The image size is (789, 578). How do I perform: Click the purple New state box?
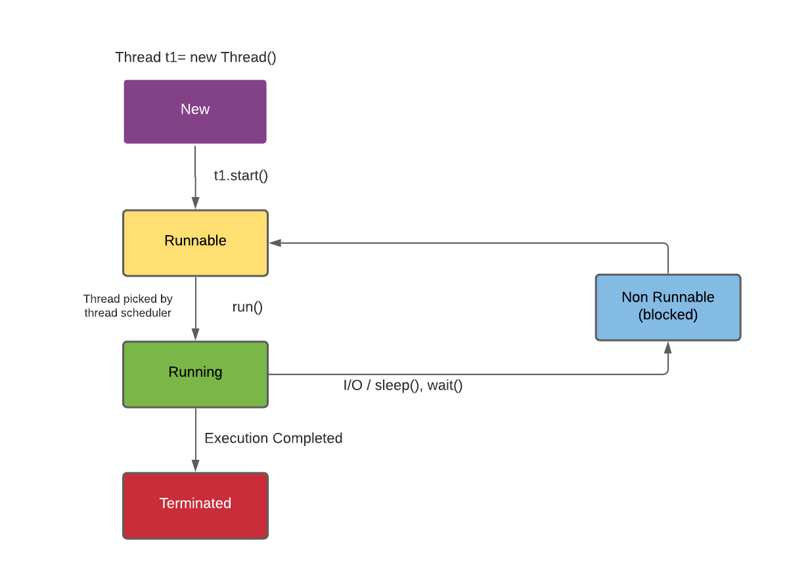coord(195,112)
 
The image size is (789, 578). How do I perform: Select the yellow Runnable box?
coord(195,243)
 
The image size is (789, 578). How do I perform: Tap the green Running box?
coord(195,374)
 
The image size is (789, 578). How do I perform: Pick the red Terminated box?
coord(195,506)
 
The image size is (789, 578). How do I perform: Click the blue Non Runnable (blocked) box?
coord(667,307)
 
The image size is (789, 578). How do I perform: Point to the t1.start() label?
coord(241,175)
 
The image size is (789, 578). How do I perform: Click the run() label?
coord(248,307)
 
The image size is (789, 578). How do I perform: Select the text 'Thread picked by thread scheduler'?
coord(128,306)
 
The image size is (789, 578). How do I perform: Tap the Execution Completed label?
coord(273,438)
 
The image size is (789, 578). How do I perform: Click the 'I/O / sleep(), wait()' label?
coord(403,386)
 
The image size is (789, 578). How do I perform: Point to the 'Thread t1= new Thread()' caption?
coord(196,57)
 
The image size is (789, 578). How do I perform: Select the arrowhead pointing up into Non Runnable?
coord(668,347)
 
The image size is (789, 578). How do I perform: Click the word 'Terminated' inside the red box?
coord(195,503)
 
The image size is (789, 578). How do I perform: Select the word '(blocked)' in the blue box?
coord(667,315)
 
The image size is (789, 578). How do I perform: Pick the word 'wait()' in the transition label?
coord(445,386)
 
